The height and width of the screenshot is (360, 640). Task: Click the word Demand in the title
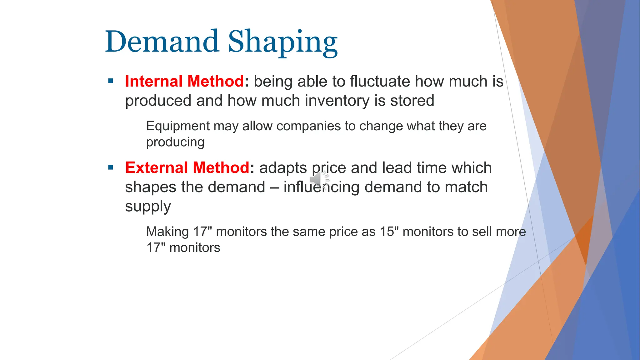[x=162, y=42]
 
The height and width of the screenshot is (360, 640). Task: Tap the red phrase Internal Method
[x=184, y=81]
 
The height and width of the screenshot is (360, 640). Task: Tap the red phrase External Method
[x=187, y=167]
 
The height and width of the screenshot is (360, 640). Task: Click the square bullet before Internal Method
[x=111, y=82]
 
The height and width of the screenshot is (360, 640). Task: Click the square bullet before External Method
[x=111, y=168]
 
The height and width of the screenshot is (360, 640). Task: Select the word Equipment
[x=178, y=126]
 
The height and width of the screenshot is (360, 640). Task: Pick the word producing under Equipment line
[x=175, y=142]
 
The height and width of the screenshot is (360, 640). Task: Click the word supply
[x=148, y=207]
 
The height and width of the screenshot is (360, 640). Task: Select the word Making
[x=167, y=232]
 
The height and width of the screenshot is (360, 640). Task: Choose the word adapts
[x=283, y=168]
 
